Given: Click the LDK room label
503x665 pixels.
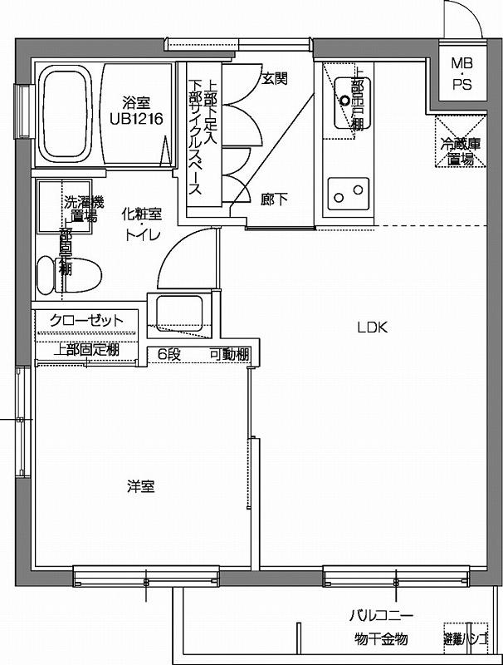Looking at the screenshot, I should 373,327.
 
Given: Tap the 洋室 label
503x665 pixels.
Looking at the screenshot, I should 140,486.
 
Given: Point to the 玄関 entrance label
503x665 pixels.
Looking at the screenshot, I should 275,79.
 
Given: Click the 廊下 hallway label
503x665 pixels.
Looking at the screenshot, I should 275,199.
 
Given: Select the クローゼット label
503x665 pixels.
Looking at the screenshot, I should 85,321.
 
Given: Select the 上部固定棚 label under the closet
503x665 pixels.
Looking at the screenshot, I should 85,349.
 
